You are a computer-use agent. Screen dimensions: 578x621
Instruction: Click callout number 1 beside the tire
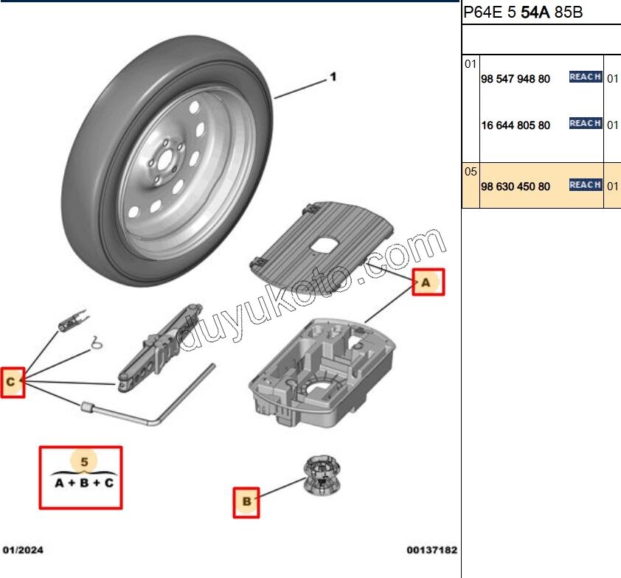click(x=333, y=77)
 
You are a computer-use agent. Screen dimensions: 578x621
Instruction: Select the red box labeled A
click(x=429, y=282)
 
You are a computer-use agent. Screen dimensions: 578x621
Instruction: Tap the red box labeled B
click(x=246, y=503)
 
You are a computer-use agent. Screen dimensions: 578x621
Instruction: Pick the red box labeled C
click(x=13, y=383)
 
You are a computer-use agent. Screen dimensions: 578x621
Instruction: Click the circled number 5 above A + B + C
click(x=84, y=462)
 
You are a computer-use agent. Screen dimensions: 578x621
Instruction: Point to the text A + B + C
click(x=84, y=484)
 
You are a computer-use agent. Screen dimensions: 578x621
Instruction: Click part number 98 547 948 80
click(x=515, y=79)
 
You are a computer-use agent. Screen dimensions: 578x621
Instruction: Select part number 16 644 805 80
click(x=515, y=125)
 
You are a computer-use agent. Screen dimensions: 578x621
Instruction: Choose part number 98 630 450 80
click(x=515, y=187)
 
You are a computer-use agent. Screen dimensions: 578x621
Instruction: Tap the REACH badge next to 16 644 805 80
click(x=586, y=124)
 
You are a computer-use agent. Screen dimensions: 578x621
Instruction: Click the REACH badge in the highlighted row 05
click(x=586, y=185)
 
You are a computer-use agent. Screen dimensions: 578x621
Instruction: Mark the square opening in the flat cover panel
click(x=324, y=244)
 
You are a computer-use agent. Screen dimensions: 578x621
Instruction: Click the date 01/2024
click(x=24, y=550)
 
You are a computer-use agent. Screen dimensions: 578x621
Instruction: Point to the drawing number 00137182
click(x=431, y=550)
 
